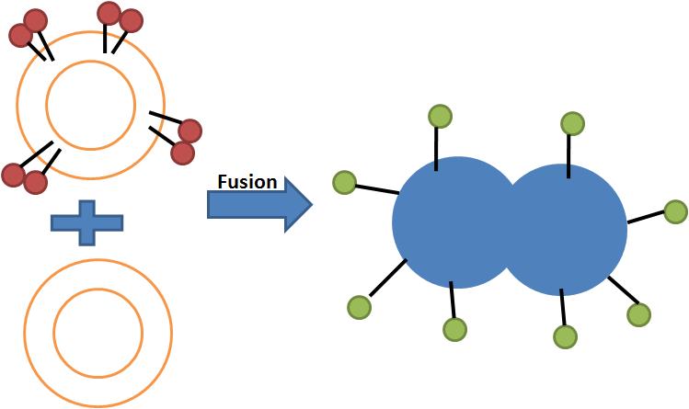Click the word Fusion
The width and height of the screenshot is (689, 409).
coord(247,181)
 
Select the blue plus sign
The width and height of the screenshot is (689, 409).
coord(86,222)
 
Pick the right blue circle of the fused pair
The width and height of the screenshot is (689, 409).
coord(570,229)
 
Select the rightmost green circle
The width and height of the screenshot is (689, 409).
coord(675,211)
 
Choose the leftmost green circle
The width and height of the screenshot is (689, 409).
coord(344,183)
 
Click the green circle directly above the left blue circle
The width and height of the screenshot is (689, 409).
coord(440,117)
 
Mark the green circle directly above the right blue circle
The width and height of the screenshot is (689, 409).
coord(572,123)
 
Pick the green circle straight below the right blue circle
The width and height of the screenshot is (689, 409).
coord(565,336)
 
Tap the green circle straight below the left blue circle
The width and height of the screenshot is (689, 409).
coord(455,329)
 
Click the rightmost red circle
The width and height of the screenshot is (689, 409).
coord(190,131)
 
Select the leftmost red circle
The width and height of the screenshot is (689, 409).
coord(13,174)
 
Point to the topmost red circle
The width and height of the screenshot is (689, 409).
coord(109,13)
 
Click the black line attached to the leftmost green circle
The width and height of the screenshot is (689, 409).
coord(376,189)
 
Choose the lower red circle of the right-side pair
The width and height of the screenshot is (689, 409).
coord(183,153)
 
